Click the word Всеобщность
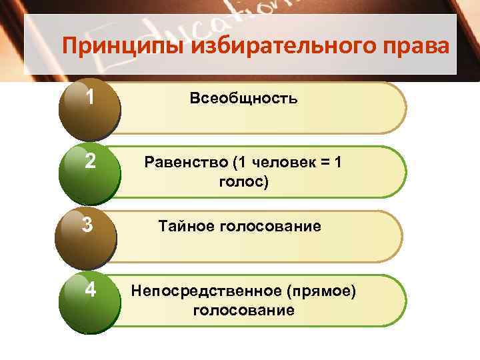coord(243,99)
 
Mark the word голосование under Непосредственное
coord(243,309)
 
